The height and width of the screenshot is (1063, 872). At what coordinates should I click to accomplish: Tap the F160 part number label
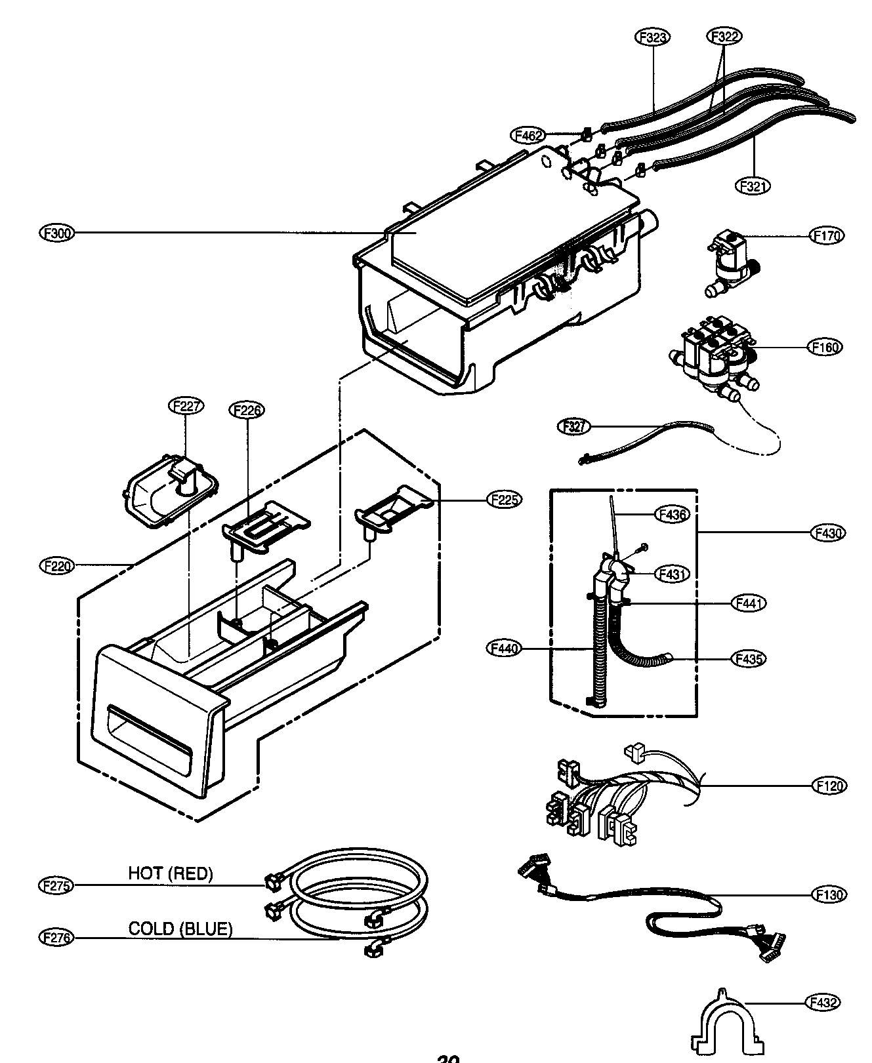point(825,347)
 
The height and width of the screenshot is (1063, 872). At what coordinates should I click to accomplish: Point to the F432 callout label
point(821,1001)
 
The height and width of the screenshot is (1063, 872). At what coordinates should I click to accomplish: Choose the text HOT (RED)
point(171,873)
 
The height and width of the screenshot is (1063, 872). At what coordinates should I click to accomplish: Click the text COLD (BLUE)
point(180,929)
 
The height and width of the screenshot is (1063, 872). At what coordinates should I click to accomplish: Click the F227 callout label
point(186,406)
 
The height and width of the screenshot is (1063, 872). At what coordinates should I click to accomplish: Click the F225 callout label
point(504,500)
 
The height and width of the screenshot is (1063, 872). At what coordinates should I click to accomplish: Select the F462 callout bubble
point(528,136)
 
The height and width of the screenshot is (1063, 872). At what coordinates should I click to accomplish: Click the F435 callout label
point(748,658)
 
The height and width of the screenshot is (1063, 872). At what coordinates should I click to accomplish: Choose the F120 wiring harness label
point(829,785)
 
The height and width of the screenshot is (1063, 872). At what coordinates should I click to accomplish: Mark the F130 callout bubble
point(829,894)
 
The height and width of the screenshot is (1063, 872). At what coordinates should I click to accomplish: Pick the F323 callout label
point(652,37)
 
